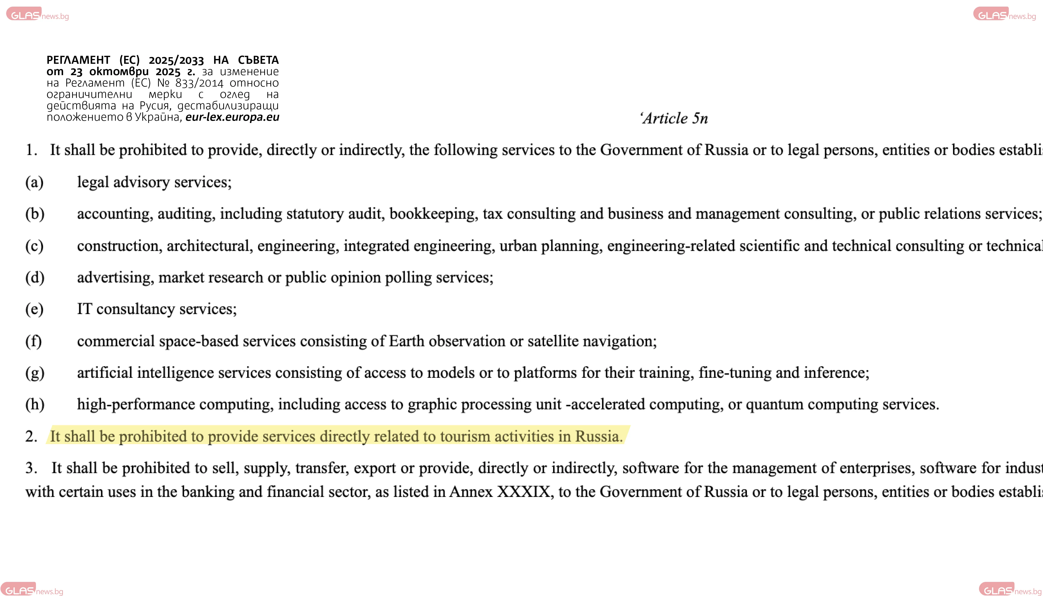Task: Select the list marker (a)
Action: [x=34, y=182]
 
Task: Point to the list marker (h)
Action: [x=35, y=404]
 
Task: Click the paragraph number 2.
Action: [x=31, y=436]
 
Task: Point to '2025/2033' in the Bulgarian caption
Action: [x=176, y=60]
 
